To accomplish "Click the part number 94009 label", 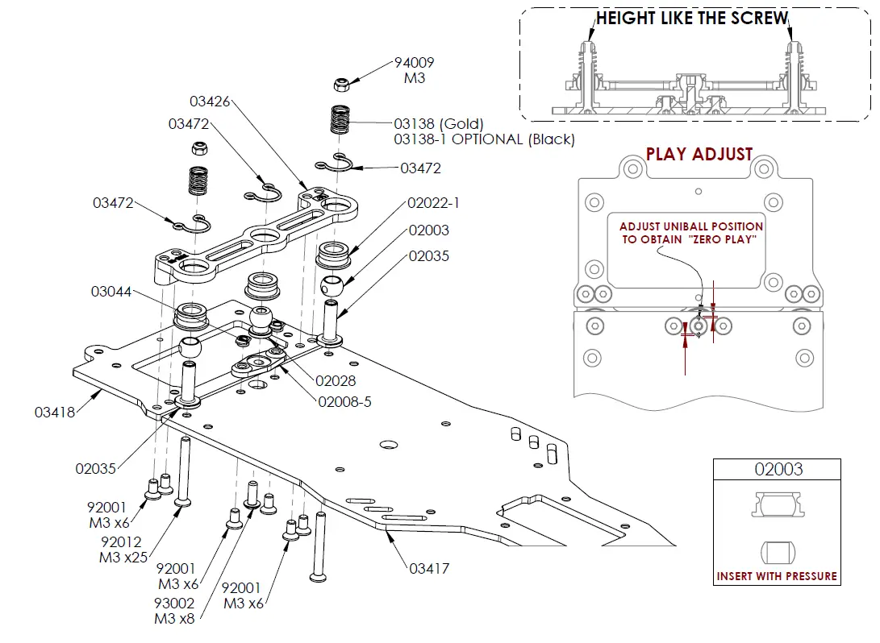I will (413, 63).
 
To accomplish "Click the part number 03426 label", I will (210, 102).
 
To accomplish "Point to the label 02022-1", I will (428, 204).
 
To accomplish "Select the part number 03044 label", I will (111, 292).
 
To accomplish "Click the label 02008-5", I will (344, 401).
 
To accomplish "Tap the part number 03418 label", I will (55, 413).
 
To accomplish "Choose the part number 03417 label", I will (429, 568).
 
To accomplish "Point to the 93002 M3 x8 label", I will (174, 611).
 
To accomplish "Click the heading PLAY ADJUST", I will (699, 155).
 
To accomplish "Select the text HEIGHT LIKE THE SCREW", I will (692, 19).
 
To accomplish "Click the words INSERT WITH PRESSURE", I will (777, 576).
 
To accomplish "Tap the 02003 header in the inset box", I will (778, 469).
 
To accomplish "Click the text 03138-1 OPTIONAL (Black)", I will (484, 139).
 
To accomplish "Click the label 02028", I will (336, 381).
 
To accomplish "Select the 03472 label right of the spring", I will (421, 168).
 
